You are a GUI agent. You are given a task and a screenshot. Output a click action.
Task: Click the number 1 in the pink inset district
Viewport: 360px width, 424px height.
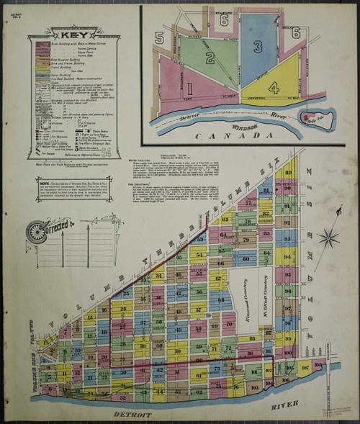pos(189,88)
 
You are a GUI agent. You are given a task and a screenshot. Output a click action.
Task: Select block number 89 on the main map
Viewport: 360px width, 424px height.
pos(288,173)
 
